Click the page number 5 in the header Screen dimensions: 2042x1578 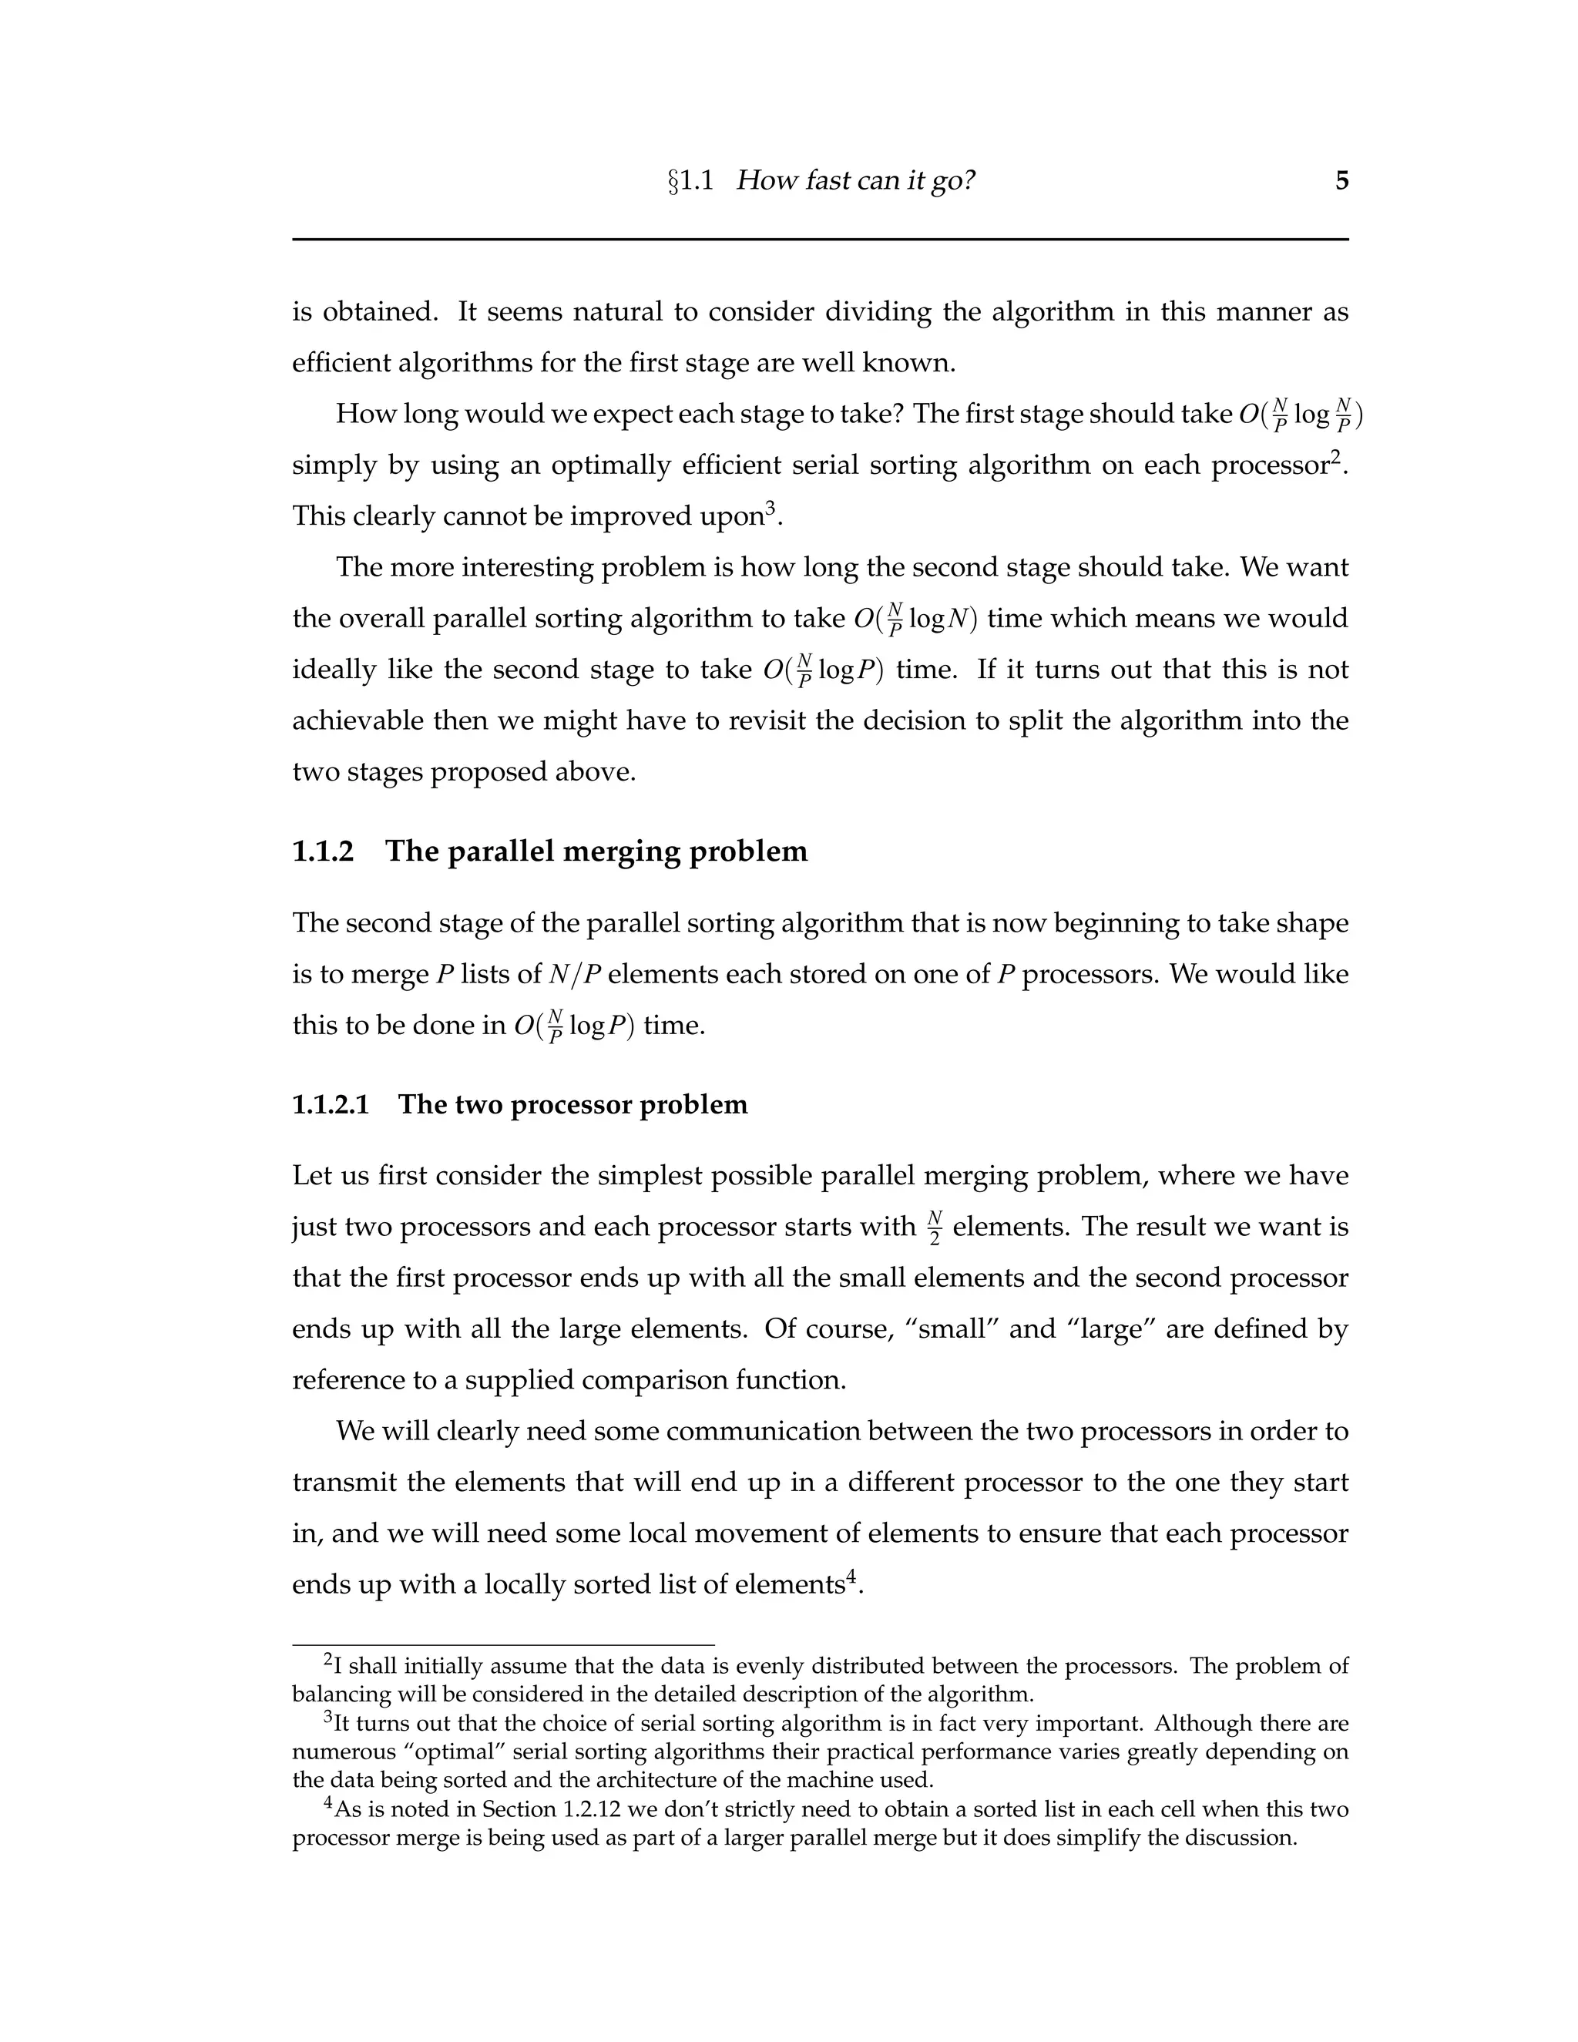(x=1341, y=180)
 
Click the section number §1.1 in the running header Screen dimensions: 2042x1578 (x=690, y=180)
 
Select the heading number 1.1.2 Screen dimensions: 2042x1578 (x=324, y=851)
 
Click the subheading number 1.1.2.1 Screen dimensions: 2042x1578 (x=331, y=1104)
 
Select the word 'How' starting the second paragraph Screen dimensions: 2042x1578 (x=365, y=415)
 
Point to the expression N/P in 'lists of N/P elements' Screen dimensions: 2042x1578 (x=574, y=974)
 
